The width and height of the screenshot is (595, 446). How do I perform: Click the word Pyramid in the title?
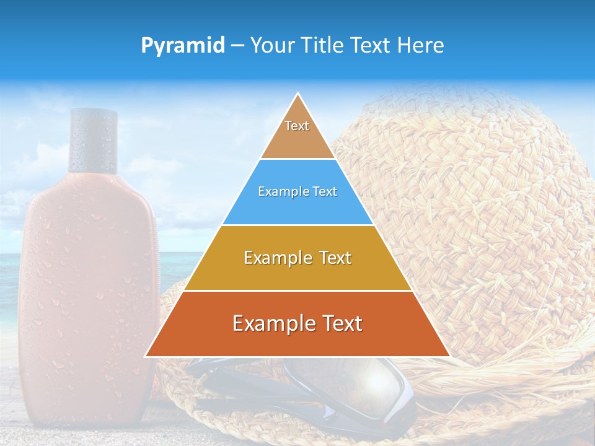click(182, 46)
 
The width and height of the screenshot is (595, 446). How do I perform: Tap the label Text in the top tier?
click(297, 126)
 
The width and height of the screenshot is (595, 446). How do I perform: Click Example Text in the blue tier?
click(297, 191)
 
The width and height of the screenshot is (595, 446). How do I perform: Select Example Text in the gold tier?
click(297, 258)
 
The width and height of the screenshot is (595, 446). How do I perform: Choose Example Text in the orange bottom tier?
click(297, 323)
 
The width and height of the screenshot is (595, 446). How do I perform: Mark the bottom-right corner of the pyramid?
click(449, 356)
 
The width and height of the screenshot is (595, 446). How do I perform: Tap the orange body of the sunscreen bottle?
click(87, 279)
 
